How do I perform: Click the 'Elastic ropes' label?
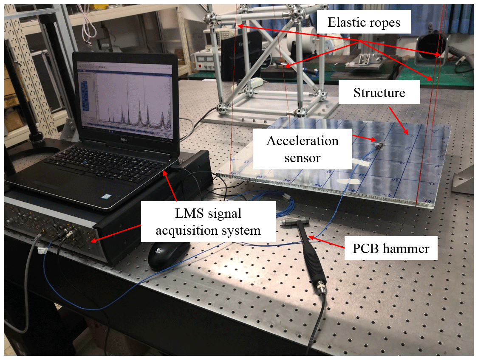364,22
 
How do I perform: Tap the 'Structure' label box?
379,93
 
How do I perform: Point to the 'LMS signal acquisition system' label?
208,221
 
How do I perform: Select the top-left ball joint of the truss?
210,18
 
